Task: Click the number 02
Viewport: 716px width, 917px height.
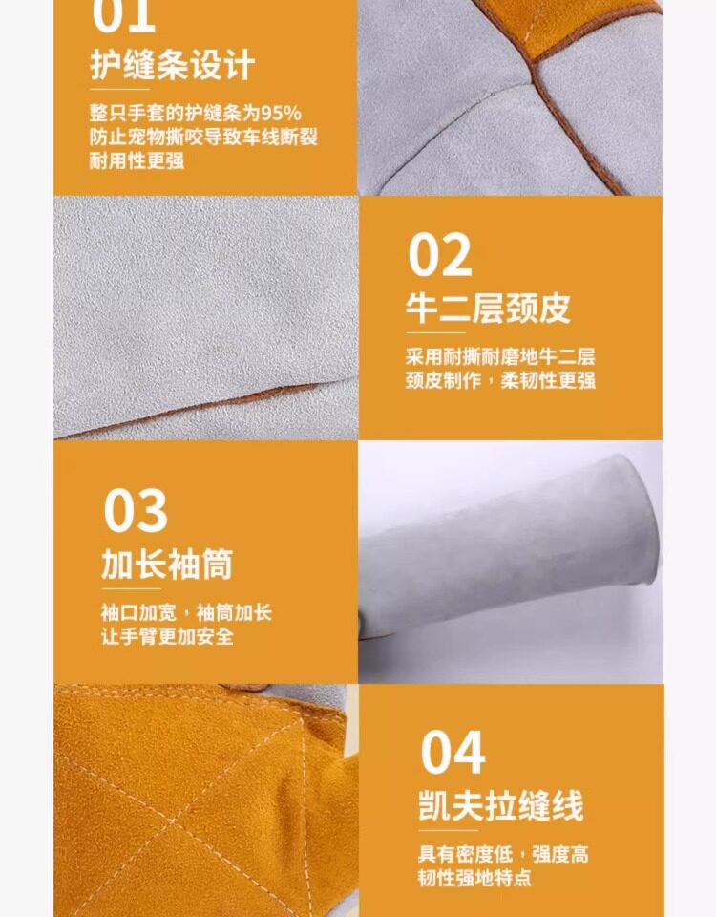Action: tap(439, 254)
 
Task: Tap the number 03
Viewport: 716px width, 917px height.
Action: tap(136, 510)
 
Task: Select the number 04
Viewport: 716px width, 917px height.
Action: tap(453, 752)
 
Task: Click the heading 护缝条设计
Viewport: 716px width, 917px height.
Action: tap(173, 64)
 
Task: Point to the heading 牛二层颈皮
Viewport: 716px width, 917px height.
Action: tap(488, 309)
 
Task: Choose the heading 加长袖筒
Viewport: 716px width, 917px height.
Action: tap(167, 564)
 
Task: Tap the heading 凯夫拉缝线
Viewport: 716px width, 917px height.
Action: tap(501, 805)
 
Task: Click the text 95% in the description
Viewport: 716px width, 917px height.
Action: tap(281, 113)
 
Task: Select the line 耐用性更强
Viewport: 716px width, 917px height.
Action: tap(137, 160)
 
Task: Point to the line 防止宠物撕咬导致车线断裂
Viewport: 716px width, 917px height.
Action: tap(203, 137)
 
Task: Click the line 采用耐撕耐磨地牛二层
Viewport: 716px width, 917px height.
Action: tap(500, 356)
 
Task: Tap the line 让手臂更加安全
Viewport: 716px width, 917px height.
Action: tap(167, 636)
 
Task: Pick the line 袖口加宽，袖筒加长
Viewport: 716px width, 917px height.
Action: tap(186, 612)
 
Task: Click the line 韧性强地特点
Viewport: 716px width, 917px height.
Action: tap(474, 877)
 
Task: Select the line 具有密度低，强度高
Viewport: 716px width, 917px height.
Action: tap(503, 854)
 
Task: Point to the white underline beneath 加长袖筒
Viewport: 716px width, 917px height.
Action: tap(131, 589)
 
